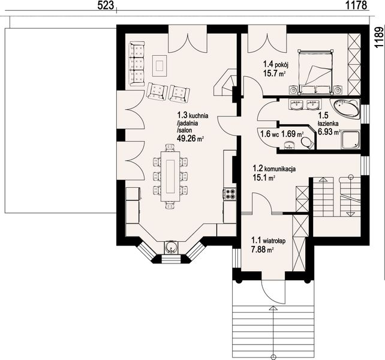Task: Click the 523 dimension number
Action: pos(106,5)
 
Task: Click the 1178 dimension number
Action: pos(356,5)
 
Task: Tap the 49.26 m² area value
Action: pos(191,139)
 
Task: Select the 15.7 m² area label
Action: pos(274,73)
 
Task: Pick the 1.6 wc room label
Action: pos(269,134)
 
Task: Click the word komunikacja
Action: pos(280,169)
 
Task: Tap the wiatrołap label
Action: pos(274,241)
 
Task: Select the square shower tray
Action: pos(350,140)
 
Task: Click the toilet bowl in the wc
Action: pos(307,142)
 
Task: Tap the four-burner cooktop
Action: pos(230,193)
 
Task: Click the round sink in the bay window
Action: pos(170,247)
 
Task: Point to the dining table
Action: pos(170,176)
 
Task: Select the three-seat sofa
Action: pos(137,64)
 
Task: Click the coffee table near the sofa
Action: pos(160,66)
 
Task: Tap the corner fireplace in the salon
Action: pos(225,83)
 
